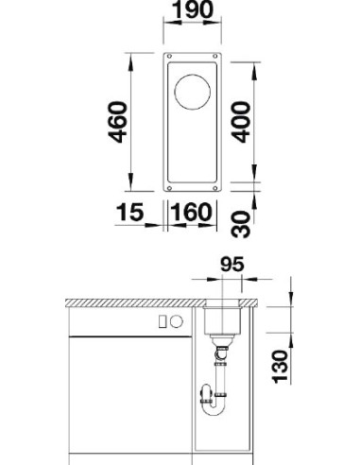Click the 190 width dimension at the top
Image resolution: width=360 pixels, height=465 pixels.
tap(194, 12)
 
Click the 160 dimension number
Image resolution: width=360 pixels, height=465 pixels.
tap(194, 212)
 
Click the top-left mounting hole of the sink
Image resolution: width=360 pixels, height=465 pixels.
tap(170, 58)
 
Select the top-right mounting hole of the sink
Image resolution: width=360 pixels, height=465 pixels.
tap(215, 58)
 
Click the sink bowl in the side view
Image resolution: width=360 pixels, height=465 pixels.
tap(223, 321)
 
